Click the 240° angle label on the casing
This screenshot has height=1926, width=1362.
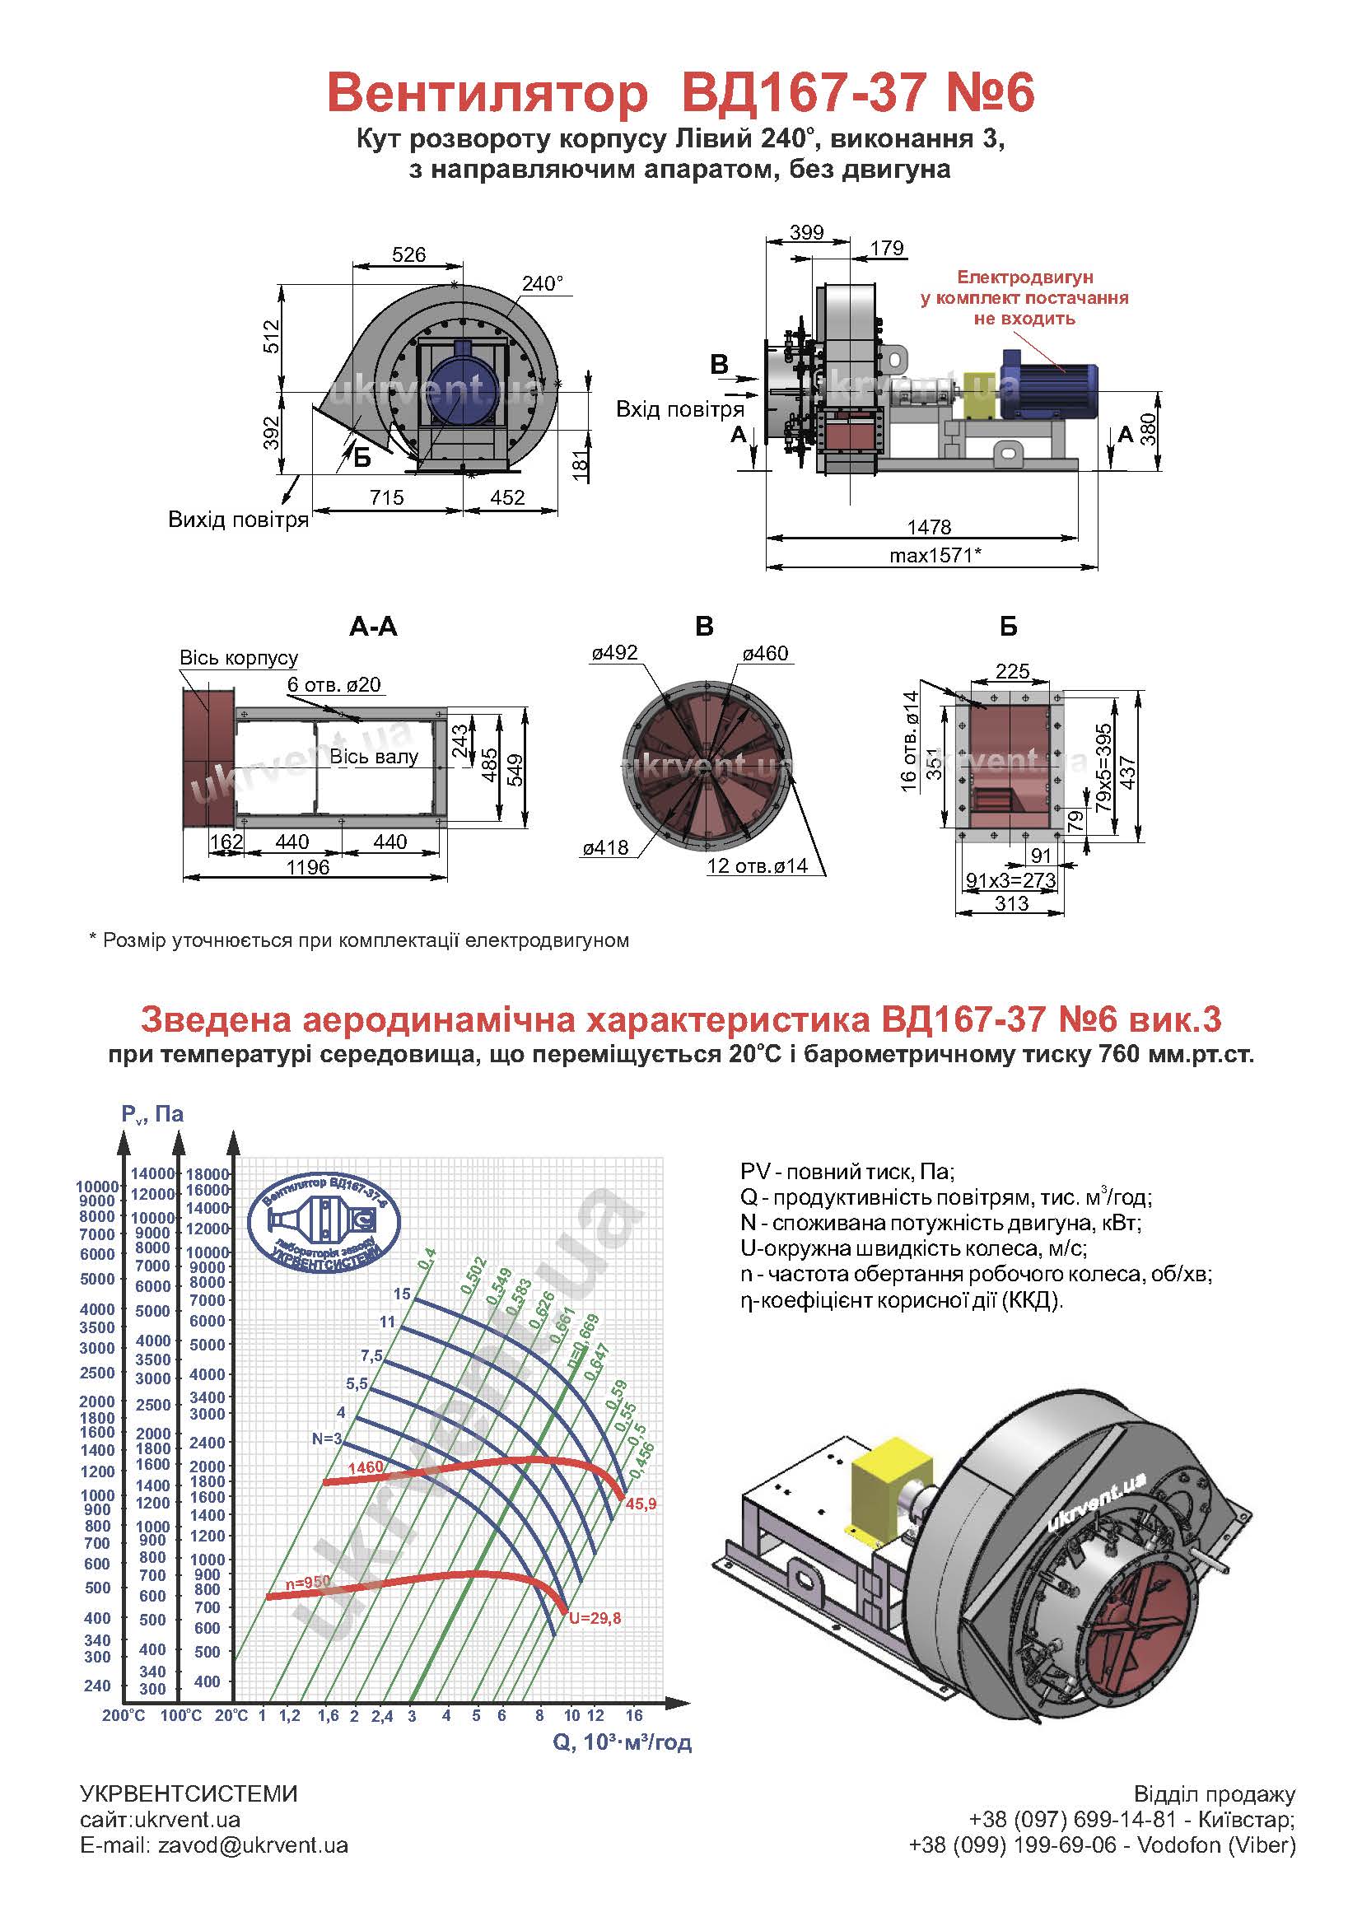point(542,283)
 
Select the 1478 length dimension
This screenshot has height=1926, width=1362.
point(929,527)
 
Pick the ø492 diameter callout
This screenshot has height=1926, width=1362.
point(614,653)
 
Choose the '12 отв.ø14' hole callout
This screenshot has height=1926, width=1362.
point(757,865)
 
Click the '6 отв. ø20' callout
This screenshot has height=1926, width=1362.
point(334,684)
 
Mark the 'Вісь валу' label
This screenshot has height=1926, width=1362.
point(373,757)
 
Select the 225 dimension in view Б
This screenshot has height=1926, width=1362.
point(1011,671)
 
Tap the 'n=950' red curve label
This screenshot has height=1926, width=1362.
point(308,1582)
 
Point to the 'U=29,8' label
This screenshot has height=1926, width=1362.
point(595,1618)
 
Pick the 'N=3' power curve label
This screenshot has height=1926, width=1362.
point(327,1439)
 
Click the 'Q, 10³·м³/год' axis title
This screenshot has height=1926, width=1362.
point(623,1742)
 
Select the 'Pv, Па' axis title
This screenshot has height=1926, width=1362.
point(152,1114)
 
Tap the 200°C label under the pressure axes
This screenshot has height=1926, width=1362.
point(124,1716)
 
